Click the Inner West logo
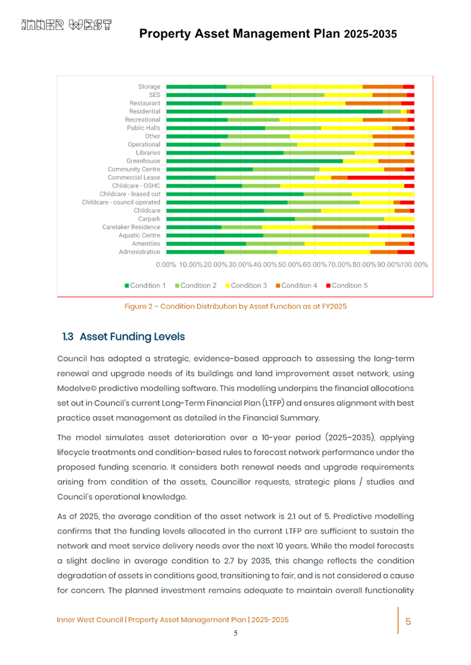67,25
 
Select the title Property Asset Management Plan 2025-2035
268,34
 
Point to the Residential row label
144,112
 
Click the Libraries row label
148,153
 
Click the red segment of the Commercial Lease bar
380,177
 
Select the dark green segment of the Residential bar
274,112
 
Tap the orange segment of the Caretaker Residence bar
345,227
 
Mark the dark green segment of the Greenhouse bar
254,161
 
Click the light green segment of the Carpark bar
339,219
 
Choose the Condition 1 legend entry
145,285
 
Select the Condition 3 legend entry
247,285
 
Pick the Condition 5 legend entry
347,285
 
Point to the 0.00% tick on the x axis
166,264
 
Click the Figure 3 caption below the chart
236,306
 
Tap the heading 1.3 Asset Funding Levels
124,336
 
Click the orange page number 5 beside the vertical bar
408,621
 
